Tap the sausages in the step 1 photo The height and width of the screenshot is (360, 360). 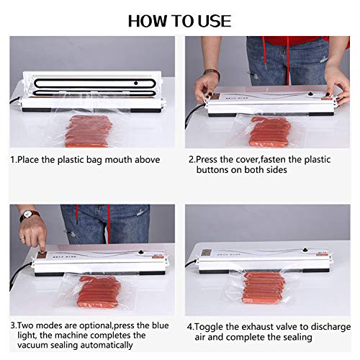[89, 130]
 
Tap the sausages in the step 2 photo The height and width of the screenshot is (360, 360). [269, 132]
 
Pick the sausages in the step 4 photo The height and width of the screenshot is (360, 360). [266, 288]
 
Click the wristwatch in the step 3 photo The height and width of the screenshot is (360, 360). [30, 215]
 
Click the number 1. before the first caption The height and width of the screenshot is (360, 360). [14, 159]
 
